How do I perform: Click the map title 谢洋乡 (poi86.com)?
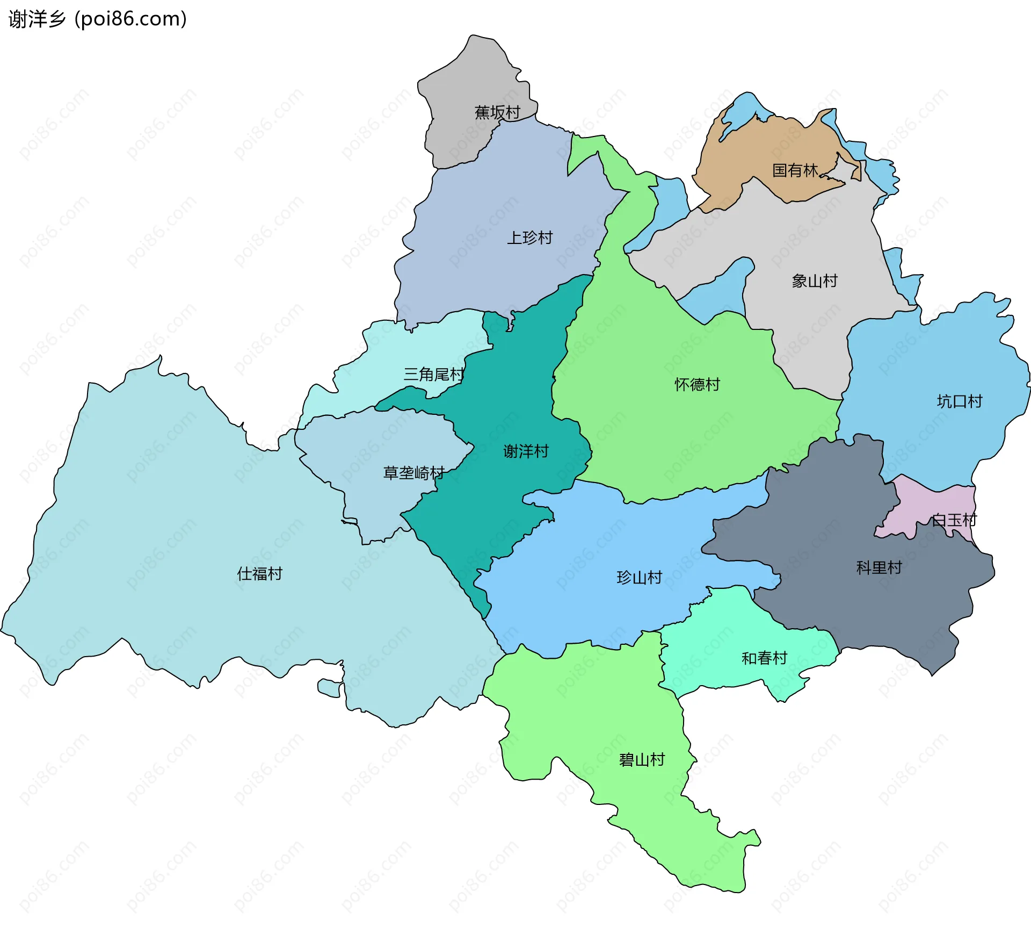coord(98,19)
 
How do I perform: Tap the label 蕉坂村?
coord(497,112)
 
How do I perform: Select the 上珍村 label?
coord(529,238)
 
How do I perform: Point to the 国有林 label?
coord(795,170)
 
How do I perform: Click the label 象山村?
coord(814,281)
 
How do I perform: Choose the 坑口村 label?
coord(959,401)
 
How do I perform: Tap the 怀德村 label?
coord(697,384)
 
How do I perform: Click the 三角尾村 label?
coord(434,375)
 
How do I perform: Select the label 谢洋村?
coord(526,451)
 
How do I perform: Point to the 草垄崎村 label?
coord(413,473)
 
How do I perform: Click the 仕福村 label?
coord(259,574)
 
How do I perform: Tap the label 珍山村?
coord(639,578)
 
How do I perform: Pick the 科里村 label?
coord(878,567)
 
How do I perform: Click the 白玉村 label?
coord(954,520)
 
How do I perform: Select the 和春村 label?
coord(764,658)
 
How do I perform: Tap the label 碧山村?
coord(642,760)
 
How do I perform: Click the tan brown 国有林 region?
coord(763,150)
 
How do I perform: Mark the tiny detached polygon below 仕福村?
coord(329,688)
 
